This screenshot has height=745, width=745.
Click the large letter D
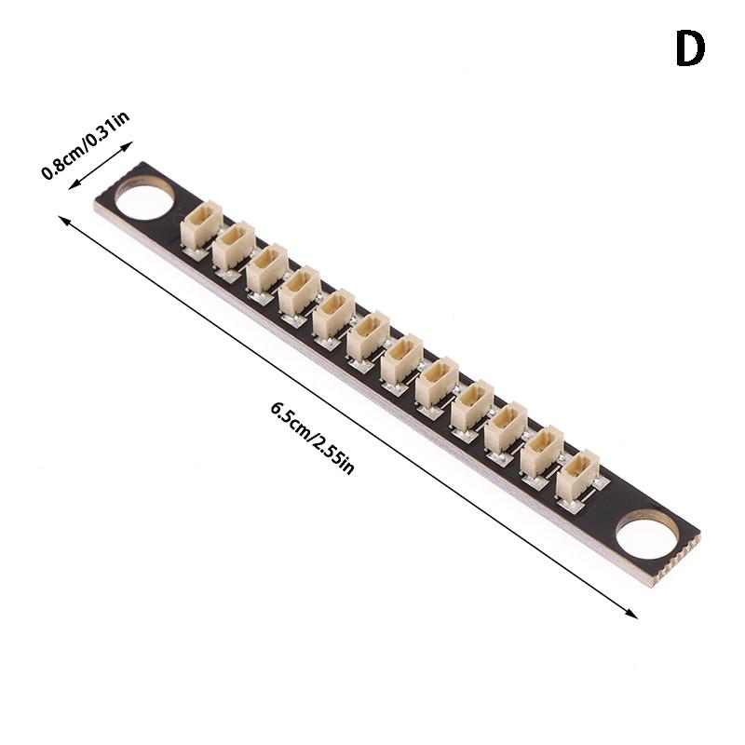tap(690, 48)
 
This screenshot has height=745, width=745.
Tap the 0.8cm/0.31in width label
tap(86, 145)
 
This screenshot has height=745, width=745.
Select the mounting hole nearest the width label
tap(144, 196)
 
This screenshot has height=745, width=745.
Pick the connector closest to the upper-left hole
tap(201, 224)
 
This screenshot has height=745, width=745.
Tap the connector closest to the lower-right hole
tap(576, 476)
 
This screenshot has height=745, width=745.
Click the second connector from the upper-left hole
tap(234, 247)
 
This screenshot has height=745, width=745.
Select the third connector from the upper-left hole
tap(266, 269)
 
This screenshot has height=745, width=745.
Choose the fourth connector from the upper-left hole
tap(299, 291)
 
